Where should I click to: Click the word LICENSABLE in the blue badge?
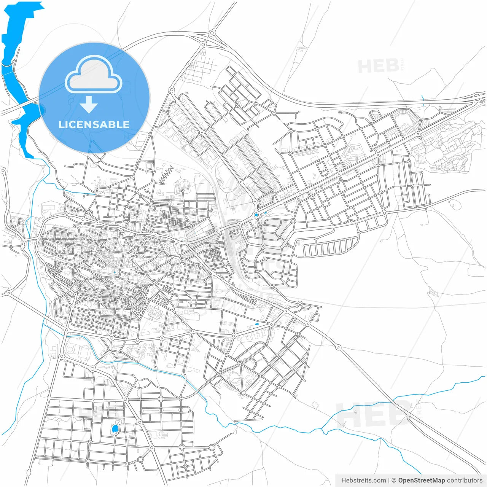click(x=94, y=124)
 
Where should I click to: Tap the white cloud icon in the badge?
click(x=94, y=75)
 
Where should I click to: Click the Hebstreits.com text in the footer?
click(x=363, y=481)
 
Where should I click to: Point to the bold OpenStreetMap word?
click(x=421, y=481)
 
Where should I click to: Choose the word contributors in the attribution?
click(x=465, y=481)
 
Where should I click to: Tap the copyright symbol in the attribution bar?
click(x=394, y=481)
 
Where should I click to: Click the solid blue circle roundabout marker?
click(x=256, y=215)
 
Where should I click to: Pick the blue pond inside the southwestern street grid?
click(x=115, y=430)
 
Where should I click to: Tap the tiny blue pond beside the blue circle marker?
click(x=265, y=213)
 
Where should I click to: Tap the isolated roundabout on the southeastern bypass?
click(x=338, y=347)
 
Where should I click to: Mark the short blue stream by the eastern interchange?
click(x=423, y=100)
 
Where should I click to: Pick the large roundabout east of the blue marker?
click(x=293, y=221)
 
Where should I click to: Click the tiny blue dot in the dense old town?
click(x=114, y=272)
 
